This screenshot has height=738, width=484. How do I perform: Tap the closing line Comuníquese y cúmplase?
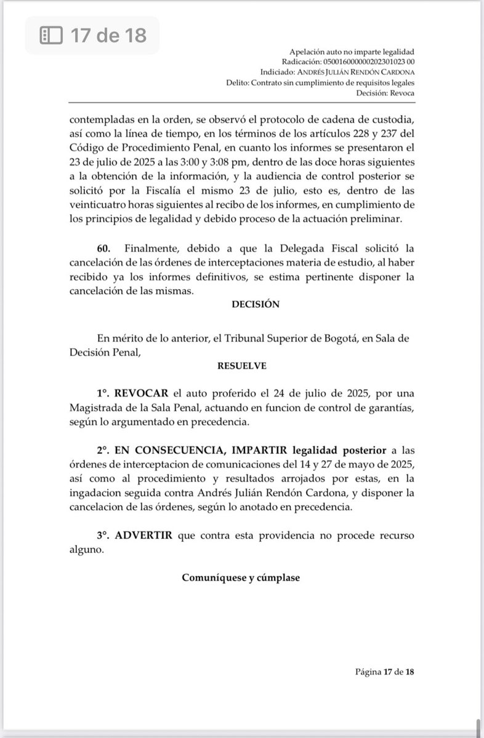(241, 578)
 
